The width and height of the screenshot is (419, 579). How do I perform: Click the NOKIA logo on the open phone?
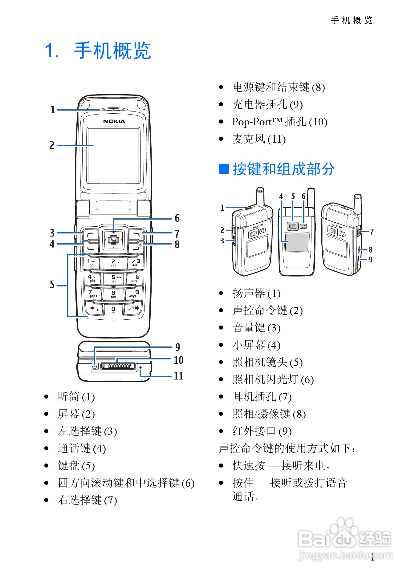pos(114,121)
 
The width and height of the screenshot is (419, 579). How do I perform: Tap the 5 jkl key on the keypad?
pos(114,279)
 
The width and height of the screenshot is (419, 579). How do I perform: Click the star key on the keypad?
pos(93,309)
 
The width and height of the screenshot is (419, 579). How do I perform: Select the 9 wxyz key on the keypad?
pos(135,294)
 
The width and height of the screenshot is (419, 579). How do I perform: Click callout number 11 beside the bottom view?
pos(178,376)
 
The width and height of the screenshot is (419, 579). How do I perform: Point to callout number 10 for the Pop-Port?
pos(178,360)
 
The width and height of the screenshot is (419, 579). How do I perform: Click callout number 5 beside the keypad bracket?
pos(52,285)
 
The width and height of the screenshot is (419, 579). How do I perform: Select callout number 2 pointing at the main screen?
pos(52,145)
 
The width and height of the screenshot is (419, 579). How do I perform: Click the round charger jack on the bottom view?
pos(95,366)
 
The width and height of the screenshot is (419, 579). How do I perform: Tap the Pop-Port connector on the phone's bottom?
pos(118,366)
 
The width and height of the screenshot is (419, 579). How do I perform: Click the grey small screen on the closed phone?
pos(296,242)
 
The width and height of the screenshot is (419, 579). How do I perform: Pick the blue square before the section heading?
pos(224,169)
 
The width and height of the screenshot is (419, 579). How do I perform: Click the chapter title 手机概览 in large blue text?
pos(112,51)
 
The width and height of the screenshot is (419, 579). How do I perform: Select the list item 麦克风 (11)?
pos(259,139)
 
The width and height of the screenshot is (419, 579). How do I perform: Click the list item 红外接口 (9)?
pos(262,431)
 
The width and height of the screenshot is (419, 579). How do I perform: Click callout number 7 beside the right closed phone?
pos(372,232)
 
